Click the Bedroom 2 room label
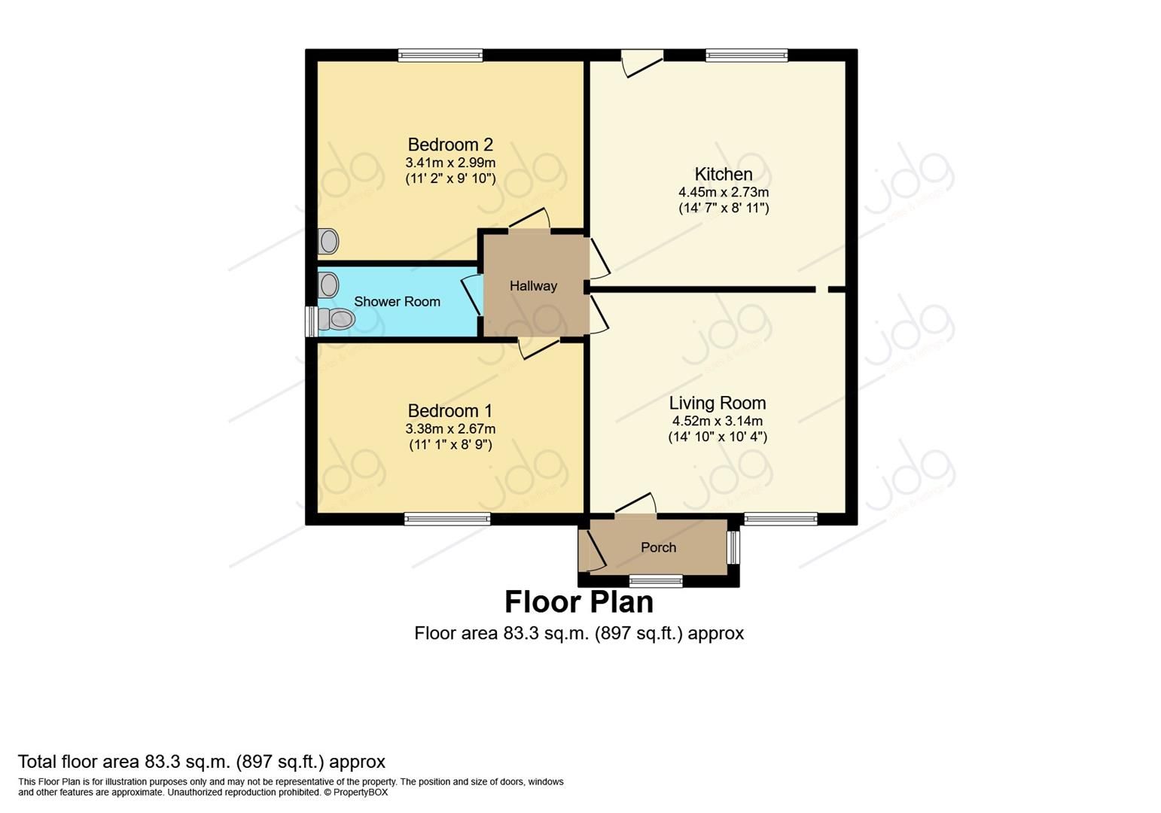pos(450,145)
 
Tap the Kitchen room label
pos(723,174)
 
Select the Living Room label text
pos(717,403)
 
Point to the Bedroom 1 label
pos(449,411)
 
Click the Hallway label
pos(533,286)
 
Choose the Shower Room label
pos(397,302)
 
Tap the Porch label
pos(658,547)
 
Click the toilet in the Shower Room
pos(337,320)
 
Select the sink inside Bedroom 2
pos(328,242)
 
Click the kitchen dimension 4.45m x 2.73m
pos(723,193)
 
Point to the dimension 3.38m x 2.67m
pos(450,429)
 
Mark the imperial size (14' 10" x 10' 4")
pos(717,437)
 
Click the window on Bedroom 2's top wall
pos(440,55)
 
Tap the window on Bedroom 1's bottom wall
pos(447,519)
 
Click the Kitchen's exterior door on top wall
pos(641,60)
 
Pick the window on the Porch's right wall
pos(733,547)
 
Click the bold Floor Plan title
pos(578,602)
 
